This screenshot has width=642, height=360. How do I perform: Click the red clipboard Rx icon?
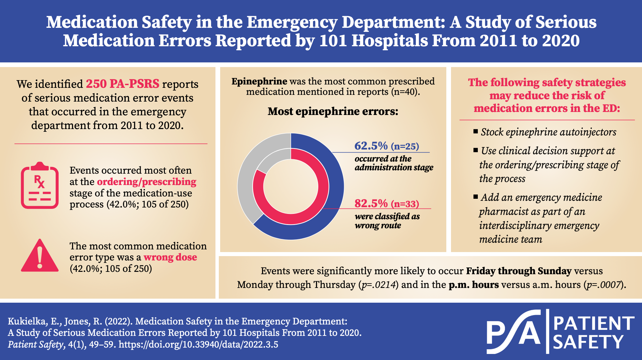tap(40, 185)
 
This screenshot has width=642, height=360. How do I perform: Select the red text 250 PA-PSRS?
tap(123, 84)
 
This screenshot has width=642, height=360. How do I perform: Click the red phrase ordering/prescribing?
tap(146, 182)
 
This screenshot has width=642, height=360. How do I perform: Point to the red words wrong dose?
tap(170, 257)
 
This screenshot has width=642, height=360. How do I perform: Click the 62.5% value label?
tap(371, 146)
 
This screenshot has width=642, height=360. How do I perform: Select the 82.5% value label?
tap(371, 204)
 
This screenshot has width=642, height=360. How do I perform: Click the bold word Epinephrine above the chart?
tap(259, 81)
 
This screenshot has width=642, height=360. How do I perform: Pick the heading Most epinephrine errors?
tap(333, 111)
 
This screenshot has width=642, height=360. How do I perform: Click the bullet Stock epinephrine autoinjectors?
tap(548, 132)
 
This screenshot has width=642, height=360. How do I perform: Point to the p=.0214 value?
tap(379, 285)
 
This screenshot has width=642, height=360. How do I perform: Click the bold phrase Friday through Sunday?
tap(518, 271)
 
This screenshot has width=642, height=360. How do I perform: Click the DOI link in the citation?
tap(198, 345)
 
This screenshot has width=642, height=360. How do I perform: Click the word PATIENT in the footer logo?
tap(593, 323)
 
